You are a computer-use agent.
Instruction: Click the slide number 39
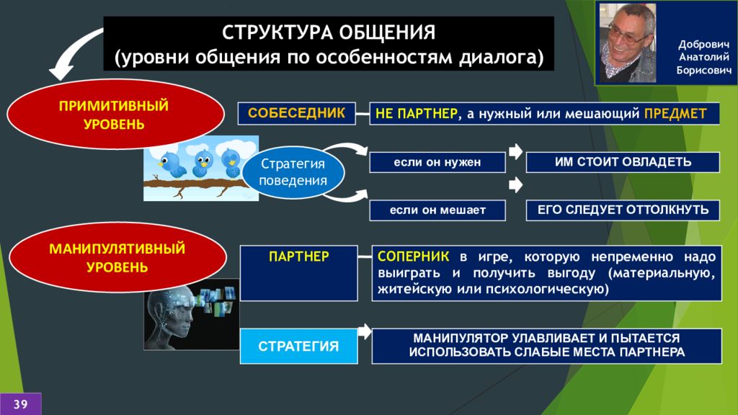[20, 404]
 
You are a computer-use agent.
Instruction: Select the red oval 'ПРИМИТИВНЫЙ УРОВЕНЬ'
[115, 115]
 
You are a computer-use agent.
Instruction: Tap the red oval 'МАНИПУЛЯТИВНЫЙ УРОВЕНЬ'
[117, 257]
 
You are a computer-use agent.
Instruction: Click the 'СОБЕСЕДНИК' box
[296, 113]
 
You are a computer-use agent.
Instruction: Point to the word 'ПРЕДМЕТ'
[675, 113]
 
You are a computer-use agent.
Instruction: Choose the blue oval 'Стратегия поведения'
[293, 172]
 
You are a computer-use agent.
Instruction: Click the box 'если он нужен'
[437, 162]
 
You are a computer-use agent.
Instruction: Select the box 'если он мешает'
[437, 210]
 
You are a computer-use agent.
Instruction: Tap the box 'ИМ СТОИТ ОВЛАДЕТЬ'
[623, 162]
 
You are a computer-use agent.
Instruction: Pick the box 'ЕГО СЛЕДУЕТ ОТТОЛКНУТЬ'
[623, 210]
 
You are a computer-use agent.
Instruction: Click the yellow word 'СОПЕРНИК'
[413, 256]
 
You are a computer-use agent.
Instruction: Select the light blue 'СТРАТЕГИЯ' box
[299, 347]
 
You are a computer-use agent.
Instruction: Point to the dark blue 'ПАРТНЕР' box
[299, 273]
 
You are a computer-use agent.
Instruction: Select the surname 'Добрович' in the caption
[703, 45]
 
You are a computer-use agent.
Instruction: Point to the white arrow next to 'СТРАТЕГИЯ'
[365, 331]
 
